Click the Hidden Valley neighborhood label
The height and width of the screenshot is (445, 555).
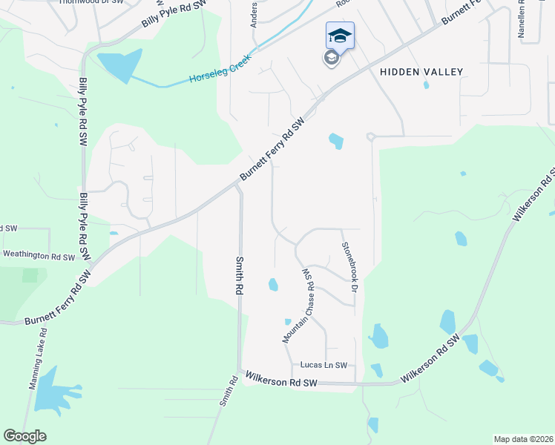point(421,72)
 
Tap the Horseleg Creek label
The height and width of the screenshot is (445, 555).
point(222,70)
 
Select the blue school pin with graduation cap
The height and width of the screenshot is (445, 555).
point(339,35)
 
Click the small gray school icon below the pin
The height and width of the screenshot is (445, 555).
point(331,58)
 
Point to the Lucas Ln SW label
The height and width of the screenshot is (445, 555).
point(324,365)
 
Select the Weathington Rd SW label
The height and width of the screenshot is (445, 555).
point(39,256)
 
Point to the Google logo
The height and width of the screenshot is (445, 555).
point(24,436)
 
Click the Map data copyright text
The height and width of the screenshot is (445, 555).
point(523,439)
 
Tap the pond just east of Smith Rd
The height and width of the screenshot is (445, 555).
point(273,284)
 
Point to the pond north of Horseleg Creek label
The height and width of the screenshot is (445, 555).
point(118,65)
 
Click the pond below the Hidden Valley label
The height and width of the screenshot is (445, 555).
point(335,139)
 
